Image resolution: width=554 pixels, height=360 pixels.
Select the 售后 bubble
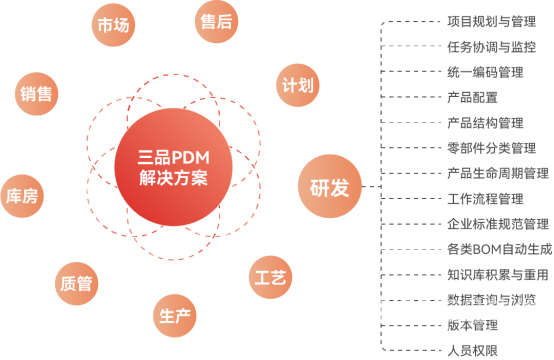pos(211,22)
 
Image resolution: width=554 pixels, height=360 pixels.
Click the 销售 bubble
pos(37,94)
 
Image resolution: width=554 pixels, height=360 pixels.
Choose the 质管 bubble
pos(76,283)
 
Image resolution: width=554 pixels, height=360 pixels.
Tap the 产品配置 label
pos(473,97)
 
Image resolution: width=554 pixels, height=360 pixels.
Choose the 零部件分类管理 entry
pos(492,148)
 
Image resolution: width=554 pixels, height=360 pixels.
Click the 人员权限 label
pos(473,350)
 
